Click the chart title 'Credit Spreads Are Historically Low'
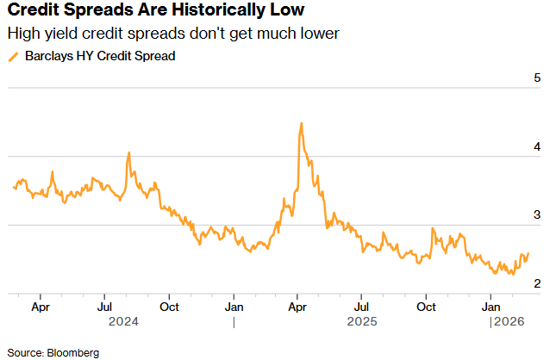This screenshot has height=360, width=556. pyautogui.click(x=155, y=13)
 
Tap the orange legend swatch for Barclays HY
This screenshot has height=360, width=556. pyautogui.click(x=12, y=57)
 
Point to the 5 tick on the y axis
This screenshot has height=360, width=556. pyautogui.click(x=536, y=78)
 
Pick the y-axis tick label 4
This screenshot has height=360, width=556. pyautogui.click(x=536, y=147)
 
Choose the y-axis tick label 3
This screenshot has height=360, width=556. pyautogui.click(x=536, y=215)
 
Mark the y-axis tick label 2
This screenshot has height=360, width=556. pyautogui.click(x=536, y=283)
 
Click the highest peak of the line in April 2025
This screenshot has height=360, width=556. pyautogui.click(x=301, y=123)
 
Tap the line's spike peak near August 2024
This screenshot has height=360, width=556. pyautogui.click(x=128, y=152)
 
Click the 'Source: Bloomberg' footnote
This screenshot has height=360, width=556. pyautogui.click(x=53, y=352)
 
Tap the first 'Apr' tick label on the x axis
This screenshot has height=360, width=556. pyautogui.click(x=40, y=307)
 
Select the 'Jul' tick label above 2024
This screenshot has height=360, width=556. pyautogui.click(x=104, y=307)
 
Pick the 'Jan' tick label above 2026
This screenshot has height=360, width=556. pyautogui.click(x=491, y=307)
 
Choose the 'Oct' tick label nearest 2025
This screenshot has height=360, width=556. pyautogui.click(x=427, y=307)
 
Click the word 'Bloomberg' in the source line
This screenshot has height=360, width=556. pyautogui.click(x=73, y=352)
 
